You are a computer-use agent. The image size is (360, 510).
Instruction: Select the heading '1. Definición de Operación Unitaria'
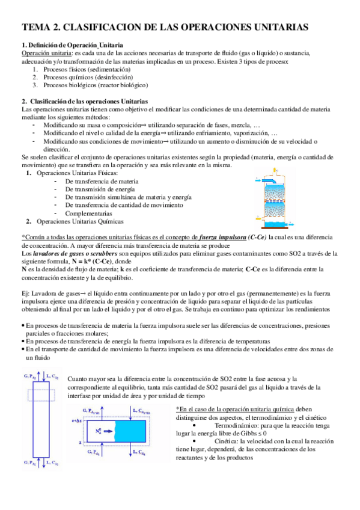73,46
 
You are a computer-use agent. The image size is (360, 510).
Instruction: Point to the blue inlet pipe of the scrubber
269,181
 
